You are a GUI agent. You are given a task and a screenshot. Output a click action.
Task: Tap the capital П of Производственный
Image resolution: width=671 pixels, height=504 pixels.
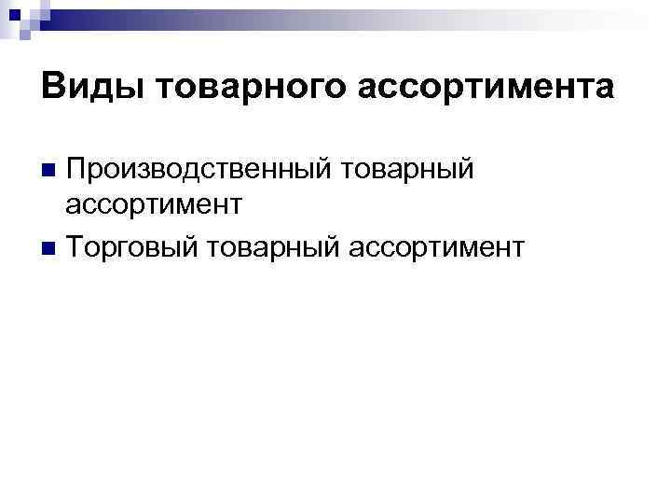(x=77, y=170)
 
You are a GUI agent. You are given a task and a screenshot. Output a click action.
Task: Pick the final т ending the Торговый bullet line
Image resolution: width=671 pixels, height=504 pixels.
(x=519, y=249)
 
